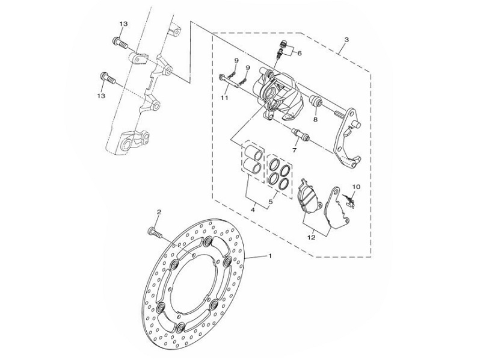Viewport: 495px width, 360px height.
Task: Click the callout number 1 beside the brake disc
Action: click(x=270, y=256)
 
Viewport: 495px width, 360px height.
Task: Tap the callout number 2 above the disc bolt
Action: click(x=159, y=212)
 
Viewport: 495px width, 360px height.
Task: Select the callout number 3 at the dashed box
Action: click(x=346, y=40)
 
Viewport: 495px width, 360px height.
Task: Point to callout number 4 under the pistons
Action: click(x=253, y=209)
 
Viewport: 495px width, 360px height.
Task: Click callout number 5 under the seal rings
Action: click(x=270, y=202)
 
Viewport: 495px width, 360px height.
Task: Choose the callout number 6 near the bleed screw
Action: click(x=300, y=53)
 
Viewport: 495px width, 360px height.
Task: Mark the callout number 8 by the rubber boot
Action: click(x=315, y=119)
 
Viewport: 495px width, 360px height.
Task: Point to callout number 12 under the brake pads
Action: click(x=311, y=237)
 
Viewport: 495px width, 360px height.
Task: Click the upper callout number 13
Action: click(x=123, y=24)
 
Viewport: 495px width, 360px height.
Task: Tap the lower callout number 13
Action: click(x=101, y=96)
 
